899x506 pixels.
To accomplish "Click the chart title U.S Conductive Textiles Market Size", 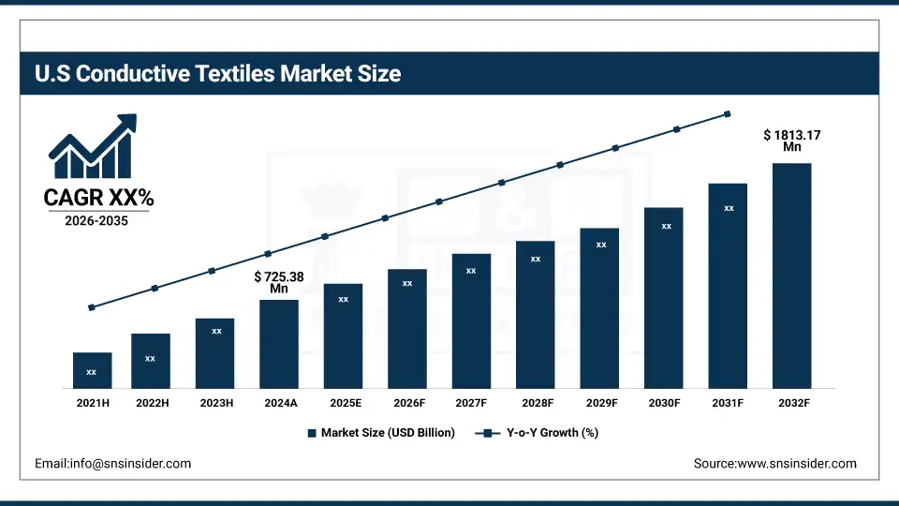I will (218, 74).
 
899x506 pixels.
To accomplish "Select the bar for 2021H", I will (92, 370).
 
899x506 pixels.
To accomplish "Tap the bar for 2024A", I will (279, 344).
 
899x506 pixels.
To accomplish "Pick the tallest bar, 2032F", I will (791, 275).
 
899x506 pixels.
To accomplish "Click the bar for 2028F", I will (535, 314).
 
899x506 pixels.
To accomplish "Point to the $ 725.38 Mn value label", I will (279, 283).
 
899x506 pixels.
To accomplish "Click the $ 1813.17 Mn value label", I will (792, 140).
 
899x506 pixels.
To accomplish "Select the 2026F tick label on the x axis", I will (407, 402).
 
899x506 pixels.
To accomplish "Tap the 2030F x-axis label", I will (664, 402).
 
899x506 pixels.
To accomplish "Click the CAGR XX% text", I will (98, 198).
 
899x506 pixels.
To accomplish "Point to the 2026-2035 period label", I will (96, 222).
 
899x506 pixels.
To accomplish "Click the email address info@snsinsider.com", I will (112, 464).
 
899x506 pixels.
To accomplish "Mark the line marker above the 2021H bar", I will (92, 307).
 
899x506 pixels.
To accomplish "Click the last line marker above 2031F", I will (727, 114).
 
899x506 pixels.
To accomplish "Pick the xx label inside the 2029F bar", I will (601, 245).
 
